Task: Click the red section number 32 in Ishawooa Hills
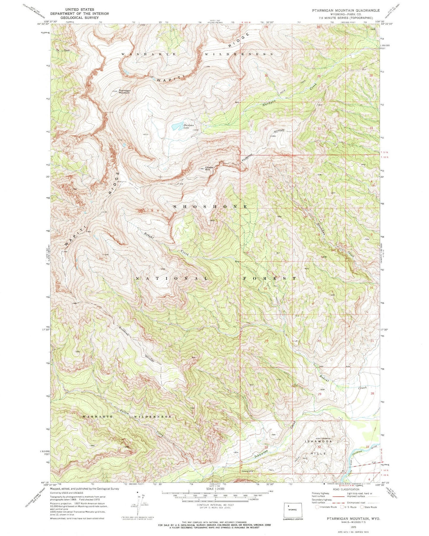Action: tap(319, 447)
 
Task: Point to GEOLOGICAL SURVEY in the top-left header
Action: tap(79, 18)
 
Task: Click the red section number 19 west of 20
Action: tap(266, 341)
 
